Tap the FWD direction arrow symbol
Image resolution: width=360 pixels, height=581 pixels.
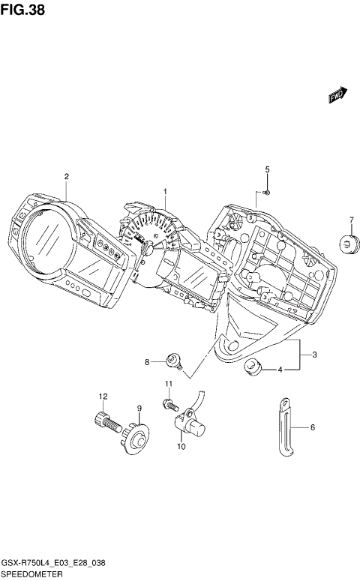(x=336, y=93)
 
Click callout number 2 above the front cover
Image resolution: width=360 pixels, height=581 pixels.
(x=66, y=177)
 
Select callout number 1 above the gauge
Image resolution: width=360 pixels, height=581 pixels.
(x=166, y=192)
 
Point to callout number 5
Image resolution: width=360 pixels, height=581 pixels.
(x=266, y=170)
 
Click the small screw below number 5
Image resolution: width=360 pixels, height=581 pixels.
(x=268, y=193)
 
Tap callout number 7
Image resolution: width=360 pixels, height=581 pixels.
(x=349, y=220)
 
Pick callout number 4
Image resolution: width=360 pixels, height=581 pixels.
(x=280, y=370)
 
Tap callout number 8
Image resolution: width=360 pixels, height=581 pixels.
(x=148, y=362)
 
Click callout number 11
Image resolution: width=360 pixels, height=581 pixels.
(x=169, y=385)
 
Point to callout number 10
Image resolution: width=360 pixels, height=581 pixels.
(x=181, y=447)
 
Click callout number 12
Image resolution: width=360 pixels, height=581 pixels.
(x=104, y=396)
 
